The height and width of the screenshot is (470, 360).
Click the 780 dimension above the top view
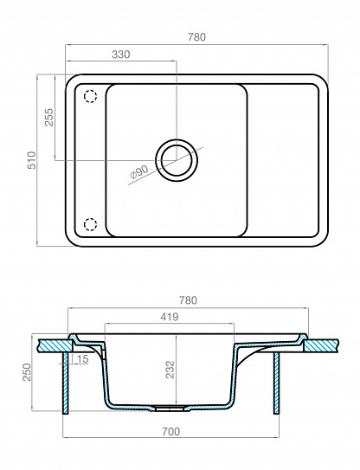pos(196,37)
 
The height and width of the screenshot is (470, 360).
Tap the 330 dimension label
pos(121,55)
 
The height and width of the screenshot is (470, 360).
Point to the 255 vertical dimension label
pos(48,117)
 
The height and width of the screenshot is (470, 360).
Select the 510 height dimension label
pos(31,160)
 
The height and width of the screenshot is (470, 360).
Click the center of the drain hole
pos(177,160)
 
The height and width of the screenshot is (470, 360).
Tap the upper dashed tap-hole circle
pos(90,97)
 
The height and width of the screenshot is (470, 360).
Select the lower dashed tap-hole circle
pos(90,224)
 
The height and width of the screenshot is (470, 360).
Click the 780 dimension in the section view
pos(188,300)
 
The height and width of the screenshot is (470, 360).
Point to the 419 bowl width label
pos(170,317)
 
